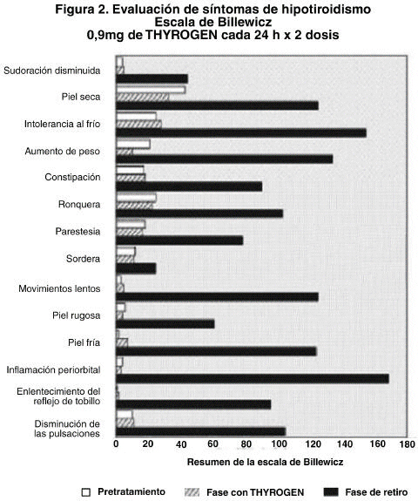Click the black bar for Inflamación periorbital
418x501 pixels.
pyautogui.click(x=253, y=379)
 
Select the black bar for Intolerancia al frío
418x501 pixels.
pyautogui.click(x=241, y=133)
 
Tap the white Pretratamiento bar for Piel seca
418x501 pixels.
pyautogui.click(x=151, y=90)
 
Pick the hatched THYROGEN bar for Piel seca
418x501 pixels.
pyautogui.click(x=143, y=97)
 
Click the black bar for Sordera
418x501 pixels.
pyautogui.click(x=136, y=268)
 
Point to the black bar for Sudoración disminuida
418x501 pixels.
pyautogui.click(x=152, y=78)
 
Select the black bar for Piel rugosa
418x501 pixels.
pyautogui.click(x=165, y=324)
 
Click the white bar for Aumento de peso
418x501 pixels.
pyautogui.click(x=133, y=145)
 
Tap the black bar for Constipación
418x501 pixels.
pyautogui.click(x=189, y=186)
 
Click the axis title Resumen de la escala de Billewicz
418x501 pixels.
pyautogui.click(x=265, y=462)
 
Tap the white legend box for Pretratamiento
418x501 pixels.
pyautogui.click(x=86, y=492)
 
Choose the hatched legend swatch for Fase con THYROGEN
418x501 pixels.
pyautogui.click(x=192, y=492)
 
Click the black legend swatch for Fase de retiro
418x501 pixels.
pyautogui.click(x=331, y=492)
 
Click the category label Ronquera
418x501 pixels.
pyautogui.click(x=79, y=204)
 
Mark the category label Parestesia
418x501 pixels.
pyautogui.click(x=78, y=231)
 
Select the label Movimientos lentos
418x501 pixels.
pyautogui.click(x=59, y=288)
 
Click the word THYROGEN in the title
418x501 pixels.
pyautogui.click(x=181, y=35)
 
